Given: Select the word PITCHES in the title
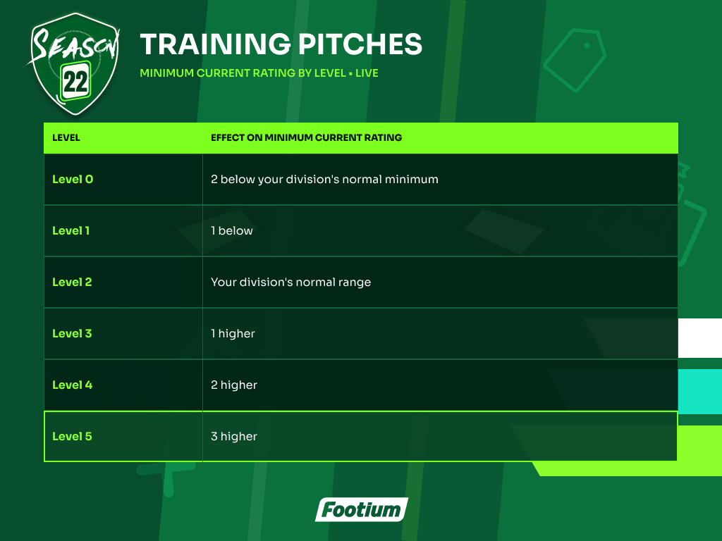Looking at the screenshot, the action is [360, 44].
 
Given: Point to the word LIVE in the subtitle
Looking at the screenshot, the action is [367, 73].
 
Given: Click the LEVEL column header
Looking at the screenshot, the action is [66, 137].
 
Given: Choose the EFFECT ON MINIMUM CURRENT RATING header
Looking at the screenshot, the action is [306, 137].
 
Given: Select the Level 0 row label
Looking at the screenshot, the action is [73, 179].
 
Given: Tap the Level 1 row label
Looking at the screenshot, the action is [71, 230].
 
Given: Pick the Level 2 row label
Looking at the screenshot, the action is [72, 282].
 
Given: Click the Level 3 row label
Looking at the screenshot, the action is [72, 333].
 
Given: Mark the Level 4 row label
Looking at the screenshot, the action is [73, 385].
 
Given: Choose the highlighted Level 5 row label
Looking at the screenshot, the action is [72, 436].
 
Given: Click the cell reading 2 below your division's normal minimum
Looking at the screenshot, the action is [324, 180].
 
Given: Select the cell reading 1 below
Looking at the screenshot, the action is [232, 230].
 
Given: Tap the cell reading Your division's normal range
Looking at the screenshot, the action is [291, 282].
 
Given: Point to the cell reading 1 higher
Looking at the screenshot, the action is [233, 333].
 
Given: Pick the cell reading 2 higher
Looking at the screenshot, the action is [234, 385].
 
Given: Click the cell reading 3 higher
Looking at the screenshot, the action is [234, 436].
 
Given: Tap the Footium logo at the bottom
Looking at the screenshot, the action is [362, 510].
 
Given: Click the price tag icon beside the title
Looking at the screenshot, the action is [575, 60].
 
